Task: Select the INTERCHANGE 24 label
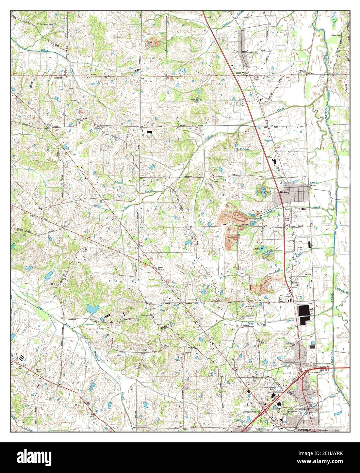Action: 256,412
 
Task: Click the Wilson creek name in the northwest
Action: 45,50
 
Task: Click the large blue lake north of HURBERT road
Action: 92,309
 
